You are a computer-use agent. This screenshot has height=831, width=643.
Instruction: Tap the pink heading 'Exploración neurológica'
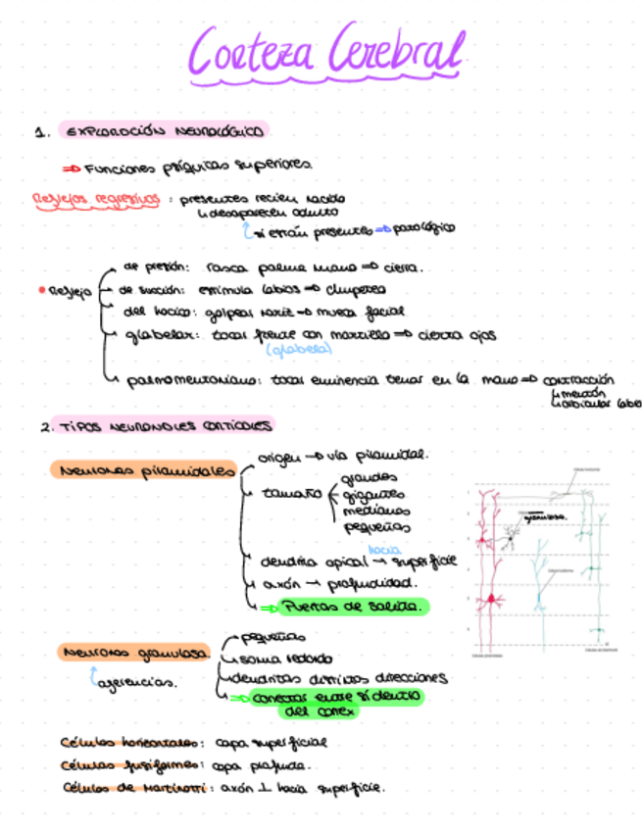click(164, 130)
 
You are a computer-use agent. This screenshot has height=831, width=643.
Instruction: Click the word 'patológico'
click(423, 229)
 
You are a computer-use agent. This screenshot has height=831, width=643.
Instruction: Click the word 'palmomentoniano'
click(192, 380)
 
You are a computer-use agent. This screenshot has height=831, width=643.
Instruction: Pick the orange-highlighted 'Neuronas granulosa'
click(134, 651)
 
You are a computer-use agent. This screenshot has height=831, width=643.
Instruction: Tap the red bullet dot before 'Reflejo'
click(39, 291)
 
